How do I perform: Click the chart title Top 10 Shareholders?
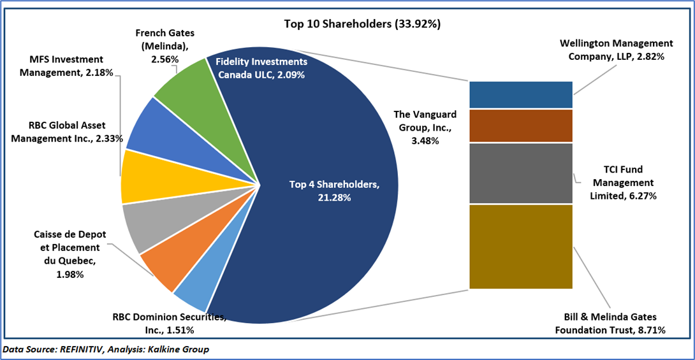tap(362, 24)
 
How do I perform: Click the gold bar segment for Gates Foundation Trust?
tap(520, 247)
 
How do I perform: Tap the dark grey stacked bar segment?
tap(520, 173)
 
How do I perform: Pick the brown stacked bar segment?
tap(520, 126)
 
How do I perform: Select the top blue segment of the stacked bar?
tap(520, 94)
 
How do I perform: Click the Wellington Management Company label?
tap(616, 50)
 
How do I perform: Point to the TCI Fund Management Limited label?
tap(623, 183)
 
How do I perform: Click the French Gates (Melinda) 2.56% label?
tap(165, 45)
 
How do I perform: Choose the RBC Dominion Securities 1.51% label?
tap(168, 323)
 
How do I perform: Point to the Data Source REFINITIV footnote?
tap(106, 350)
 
